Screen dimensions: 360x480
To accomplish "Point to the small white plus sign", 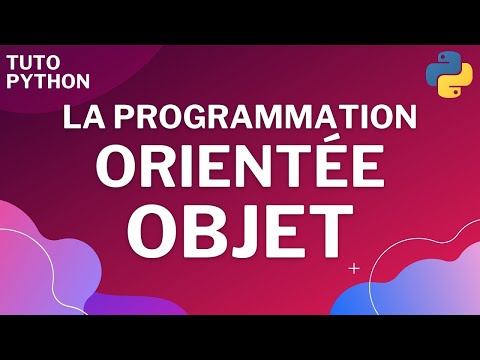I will (x=354, y=269).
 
